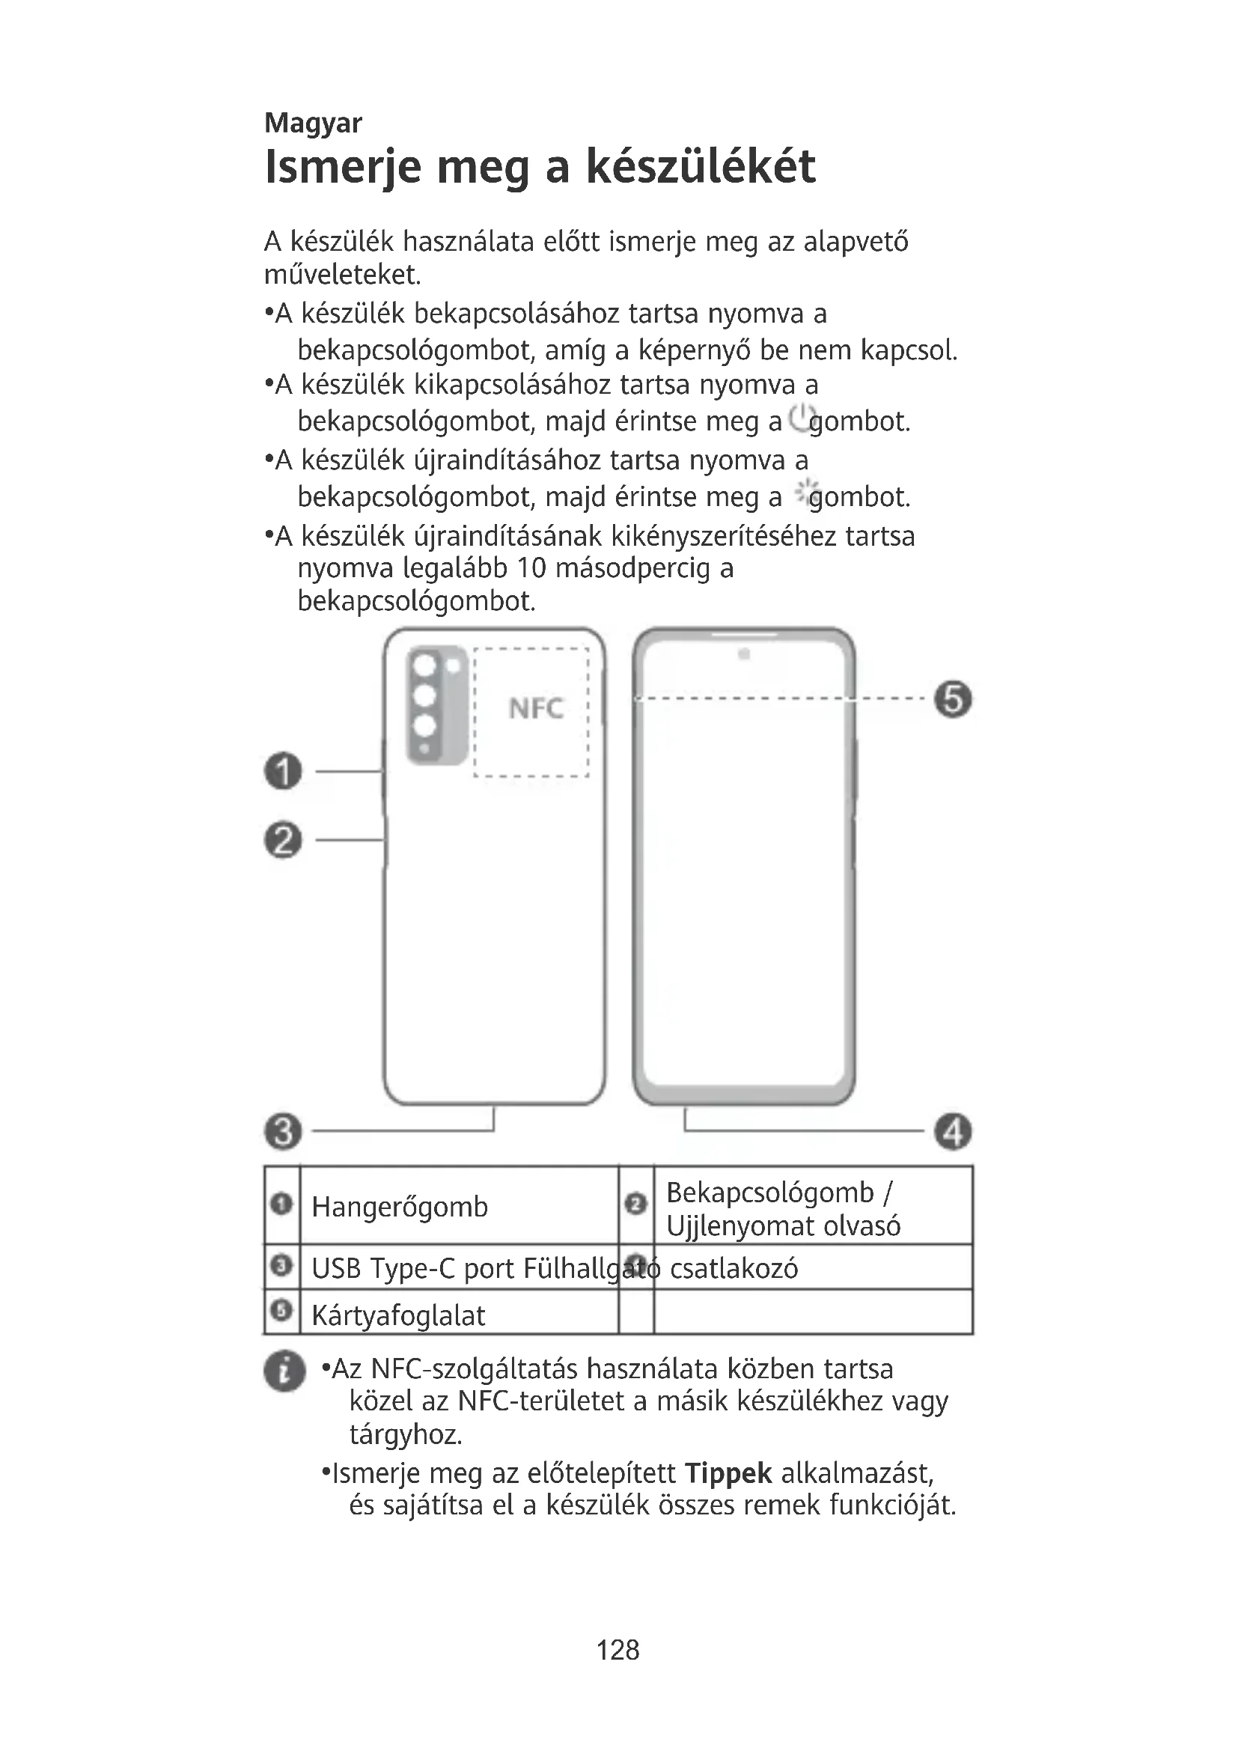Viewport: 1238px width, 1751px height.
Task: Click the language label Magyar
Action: point(313,123)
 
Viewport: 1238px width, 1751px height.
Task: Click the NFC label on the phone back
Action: point(536,708)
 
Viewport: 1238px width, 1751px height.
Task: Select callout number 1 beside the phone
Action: point(283,771)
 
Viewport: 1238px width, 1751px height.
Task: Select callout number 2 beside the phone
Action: point(283,841)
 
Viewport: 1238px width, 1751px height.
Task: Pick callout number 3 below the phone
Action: point(283,1131)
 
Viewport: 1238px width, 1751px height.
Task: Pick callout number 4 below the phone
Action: point(953,1131)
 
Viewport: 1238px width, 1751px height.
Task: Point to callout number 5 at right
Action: point(953,699)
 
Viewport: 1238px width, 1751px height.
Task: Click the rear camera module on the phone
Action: point(436,704)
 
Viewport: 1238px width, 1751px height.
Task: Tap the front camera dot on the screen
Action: point(744,654)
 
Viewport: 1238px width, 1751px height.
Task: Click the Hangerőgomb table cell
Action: point(400,1207)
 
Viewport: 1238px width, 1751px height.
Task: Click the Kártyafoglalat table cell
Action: point(398,1315)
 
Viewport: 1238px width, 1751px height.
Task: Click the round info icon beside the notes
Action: point(284,1371)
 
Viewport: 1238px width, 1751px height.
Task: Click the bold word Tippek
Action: point(728,1473)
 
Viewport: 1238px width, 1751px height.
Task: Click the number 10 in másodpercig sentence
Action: point(531,568)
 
